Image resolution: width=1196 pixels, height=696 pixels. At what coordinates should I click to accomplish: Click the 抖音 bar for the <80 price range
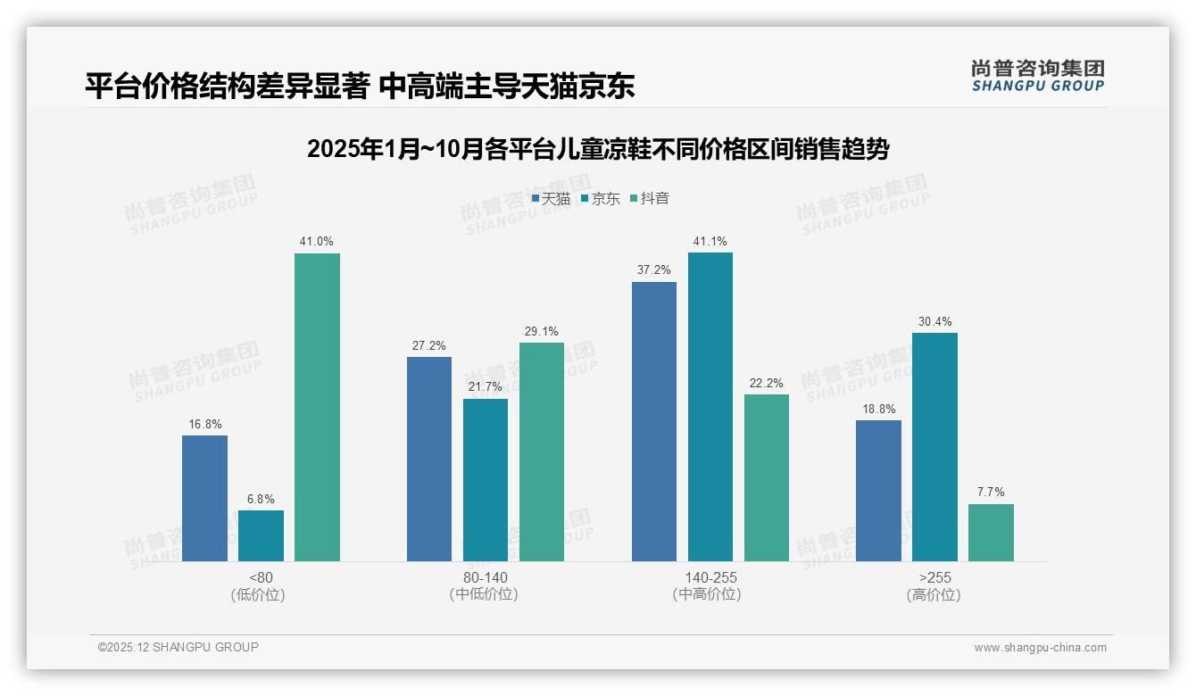[317, 407]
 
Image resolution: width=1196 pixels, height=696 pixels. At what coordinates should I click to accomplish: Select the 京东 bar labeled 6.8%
[261, 535]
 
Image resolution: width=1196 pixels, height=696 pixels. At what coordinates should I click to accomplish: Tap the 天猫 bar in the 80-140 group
[429, 459]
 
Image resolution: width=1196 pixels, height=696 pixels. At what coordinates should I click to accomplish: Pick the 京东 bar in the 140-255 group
[710, 407]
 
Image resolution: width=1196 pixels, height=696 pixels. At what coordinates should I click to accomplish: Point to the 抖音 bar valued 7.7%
[991, 533]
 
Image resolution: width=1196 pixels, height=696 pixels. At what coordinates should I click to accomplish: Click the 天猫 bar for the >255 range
[878, 491]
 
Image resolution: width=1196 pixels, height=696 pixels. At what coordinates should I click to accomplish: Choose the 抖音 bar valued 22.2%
[767, 477]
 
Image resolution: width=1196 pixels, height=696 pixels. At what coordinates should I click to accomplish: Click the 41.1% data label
[710, 241]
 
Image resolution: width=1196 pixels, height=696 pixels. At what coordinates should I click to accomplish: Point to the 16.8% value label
[204, 424]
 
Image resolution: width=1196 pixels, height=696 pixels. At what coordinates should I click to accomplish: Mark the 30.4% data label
[934, 321]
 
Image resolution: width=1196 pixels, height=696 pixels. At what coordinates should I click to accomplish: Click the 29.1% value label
[542, 331]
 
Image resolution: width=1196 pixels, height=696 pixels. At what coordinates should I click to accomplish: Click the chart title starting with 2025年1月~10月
[598, 149]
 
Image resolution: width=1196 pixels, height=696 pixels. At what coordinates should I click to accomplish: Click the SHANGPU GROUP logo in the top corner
[1038, 76]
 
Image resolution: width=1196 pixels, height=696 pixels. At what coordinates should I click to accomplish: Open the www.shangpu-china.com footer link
[1040, 648]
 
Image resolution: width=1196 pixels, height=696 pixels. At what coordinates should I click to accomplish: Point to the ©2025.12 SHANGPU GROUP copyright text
[179, 647]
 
